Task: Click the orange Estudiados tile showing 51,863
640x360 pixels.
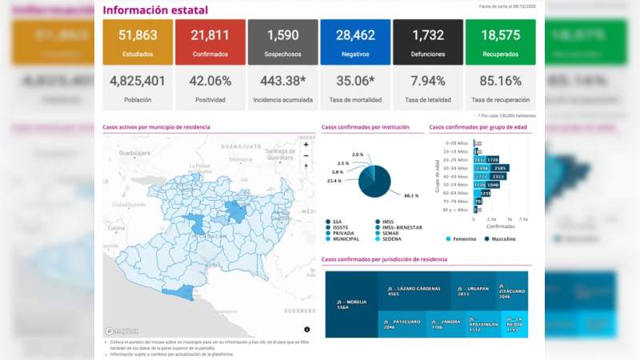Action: tap(138, 42)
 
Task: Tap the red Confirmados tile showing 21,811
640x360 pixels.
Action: tap(210, 42)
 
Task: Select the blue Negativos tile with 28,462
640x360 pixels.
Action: tap(356, 42)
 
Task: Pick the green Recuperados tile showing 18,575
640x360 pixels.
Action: tap(501, 42)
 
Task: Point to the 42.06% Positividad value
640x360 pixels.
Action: tap(210, 81)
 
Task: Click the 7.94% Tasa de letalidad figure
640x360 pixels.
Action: tap(428, 81)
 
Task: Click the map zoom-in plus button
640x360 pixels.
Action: tap(306, 145)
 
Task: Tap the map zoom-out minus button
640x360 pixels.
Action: tap(306, 156)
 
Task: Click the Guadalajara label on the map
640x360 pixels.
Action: tap(134, 152)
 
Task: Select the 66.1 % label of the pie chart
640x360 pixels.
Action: tap(411, 195)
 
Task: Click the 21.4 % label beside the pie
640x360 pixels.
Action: tap(334, 181)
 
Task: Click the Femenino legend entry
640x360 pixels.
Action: tap(463, 238)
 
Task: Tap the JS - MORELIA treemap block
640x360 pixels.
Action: tap(352, 304)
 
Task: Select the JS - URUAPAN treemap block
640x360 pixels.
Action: tap(472, 290)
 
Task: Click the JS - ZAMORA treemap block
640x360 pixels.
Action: tap(430, 324)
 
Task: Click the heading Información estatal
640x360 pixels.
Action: tap(155, 10)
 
